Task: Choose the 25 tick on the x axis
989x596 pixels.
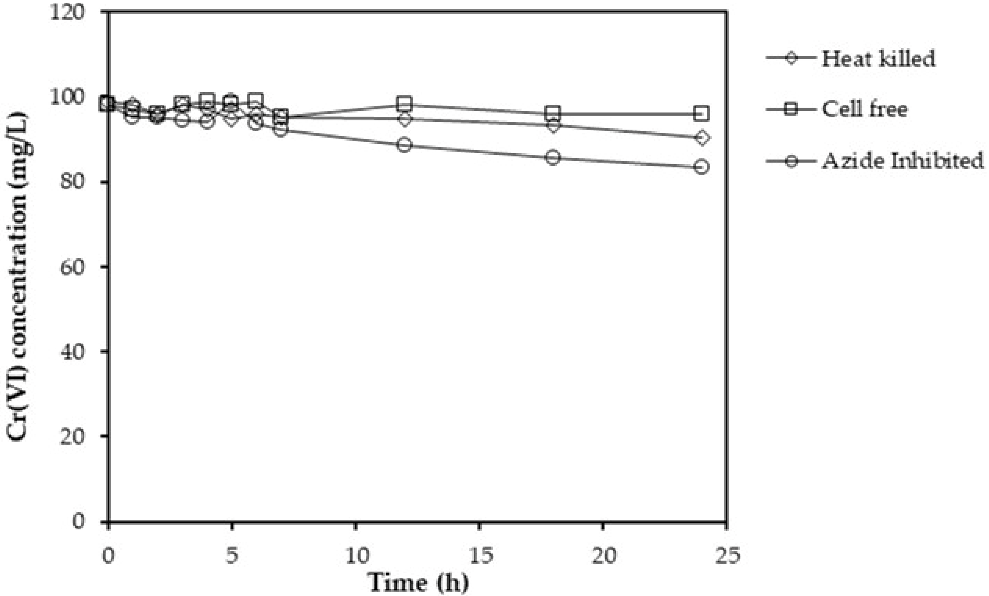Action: pos(726,557)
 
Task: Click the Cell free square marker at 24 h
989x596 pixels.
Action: pos(701,114)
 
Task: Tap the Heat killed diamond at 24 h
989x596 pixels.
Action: pos(701,138)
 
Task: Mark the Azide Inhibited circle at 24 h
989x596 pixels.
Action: pos(701,167)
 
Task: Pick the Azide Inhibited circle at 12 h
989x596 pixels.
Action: pos(405,145)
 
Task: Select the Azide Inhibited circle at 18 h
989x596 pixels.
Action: pos(553,157)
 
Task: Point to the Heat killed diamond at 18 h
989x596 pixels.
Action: pos(553,126)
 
